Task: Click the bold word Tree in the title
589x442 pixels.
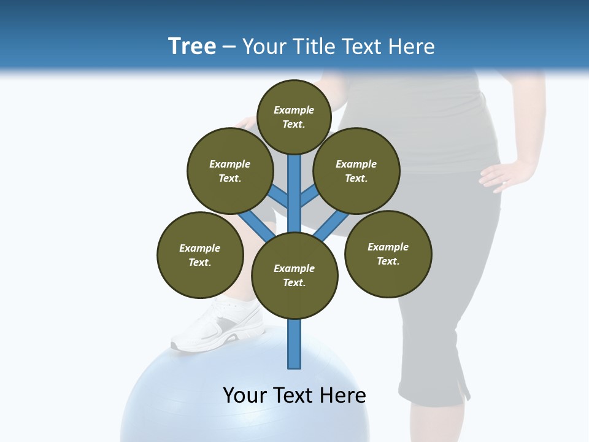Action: pos(192,46)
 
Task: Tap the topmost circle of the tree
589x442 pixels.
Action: pos(294,117)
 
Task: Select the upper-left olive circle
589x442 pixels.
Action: pos(229,171)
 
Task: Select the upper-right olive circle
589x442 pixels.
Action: pos(356,171)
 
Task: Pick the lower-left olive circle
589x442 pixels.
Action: pos(200,255)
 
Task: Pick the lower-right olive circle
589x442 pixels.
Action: pos(388,254)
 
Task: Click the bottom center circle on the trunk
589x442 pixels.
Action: pos(294,276)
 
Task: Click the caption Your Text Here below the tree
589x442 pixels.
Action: pos(294,395)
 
